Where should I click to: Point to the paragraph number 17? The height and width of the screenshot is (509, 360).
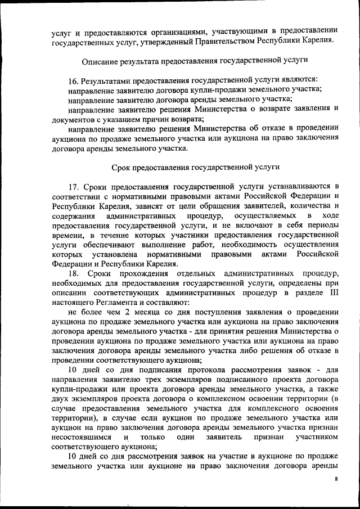pyautogui.click(x=73, y=186)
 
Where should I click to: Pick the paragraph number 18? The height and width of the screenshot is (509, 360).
pyautogui.click(x=73, y=273)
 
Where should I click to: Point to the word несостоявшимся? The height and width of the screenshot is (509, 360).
pyautogui.click(x=76, y=436)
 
